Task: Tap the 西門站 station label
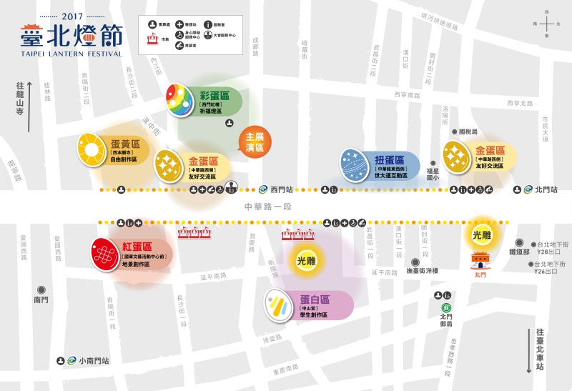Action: point(282,189)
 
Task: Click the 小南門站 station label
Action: point(94,361)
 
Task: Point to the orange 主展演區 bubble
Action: point(255,142)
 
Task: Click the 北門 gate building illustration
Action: point(480,261)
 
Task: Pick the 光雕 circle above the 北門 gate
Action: point(482,234)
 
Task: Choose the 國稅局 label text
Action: point(468,132)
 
